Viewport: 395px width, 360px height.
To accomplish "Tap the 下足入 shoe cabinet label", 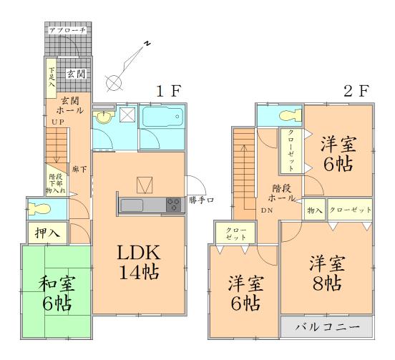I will (x=52, y=77).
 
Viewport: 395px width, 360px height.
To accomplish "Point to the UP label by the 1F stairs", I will (x=57, y=123).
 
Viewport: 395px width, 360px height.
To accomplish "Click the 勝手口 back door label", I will (x=201, y=200).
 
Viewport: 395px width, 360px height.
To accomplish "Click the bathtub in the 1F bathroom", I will (x=161, y=117).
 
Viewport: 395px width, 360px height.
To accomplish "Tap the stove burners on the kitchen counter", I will (x=173, y=205).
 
